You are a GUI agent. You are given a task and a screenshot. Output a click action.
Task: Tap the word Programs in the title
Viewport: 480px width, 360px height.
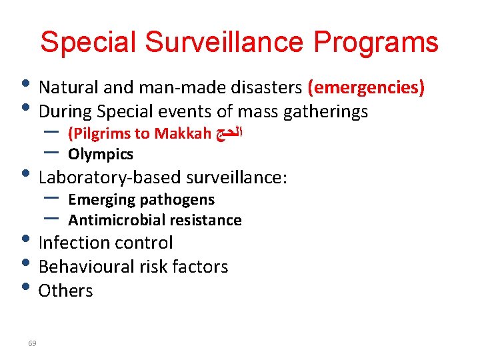(376, 42)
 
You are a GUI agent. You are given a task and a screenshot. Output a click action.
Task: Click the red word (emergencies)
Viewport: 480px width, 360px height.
(366, 87)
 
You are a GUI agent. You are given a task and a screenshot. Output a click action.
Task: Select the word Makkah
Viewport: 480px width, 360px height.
(183, 134)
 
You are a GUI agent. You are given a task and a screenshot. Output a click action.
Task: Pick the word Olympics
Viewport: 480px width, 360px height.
(101, 155)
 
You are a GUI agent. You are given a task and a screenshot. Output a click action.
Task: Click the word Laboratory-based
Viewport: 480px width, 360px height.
(110, 177)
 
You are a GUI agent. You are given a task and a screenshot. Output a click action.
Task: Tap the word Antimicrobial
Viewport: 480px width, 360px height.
(114, 220)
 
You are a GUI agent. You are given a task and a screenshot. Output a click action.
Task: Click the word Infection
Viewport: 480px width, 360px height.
(72, 243)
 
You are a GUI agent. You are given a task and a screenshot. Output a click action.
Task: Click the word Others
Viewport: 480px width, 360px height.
(66, 291)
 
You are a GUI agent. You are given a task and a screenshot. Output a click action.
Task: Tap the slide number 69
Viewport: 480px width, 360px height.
(33, 343)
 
